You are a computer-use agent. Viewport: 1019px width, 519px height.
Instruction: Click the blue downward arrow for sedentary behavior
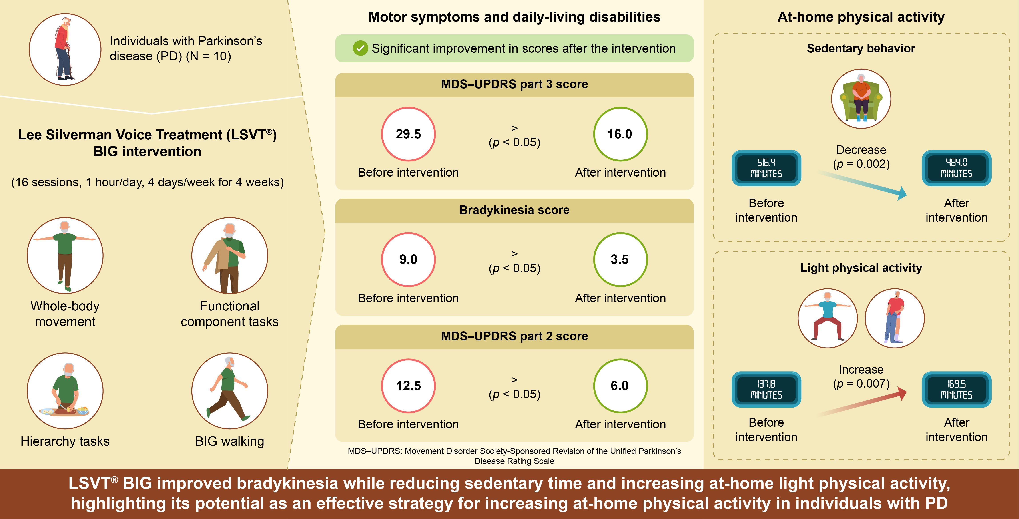tap(862, 184)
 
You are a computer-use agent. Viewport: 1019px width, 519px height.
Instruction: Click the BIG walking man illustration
tap(229, 391)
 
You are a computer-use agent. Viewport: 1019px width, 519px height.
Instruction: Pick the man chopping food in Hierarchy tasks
tap(65, 391)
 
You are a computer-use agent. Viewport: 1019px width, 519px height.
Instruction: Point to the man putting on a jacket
tap(229, 255)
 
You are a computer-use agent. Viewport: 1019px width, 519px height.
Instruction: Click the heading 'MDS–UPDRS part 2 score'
tap(514, 336)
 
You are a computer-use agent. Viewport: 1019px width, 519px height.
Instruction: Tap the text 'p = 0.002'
tap(861, 164)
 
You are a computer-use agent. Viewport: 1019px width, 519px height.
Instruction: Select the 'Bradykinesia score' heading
tap(514, 210)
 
